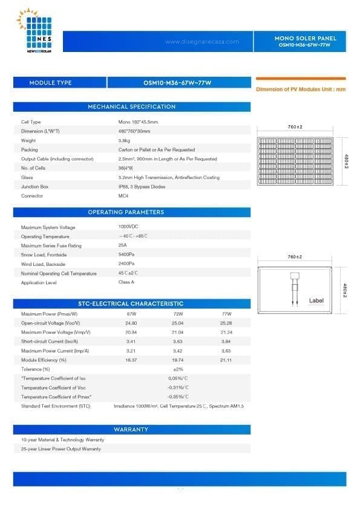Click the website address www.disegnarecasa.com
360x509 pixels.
(x=201, y=42)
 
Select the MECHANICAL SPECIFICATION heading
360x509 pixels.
(x=131, y=107)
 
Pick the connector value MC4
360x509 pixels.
(x=123, y=196)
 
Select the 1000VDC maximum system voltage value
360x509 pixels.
(x=128, y=227)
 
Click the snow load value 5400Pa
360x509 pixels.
(x=126, y=255)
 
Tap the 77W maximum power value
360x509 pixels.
(x=226, y=314)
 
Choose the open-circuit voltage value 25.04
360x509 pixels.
(x=178, y=323)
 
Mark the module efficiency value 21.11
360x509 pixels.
(x=226, y=360)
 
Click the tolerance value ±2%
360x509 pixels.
(x=178, y=369)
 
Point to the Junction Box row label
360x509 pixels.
(x=34, y=187)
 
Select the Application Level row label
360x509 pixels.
(x=39, y=283)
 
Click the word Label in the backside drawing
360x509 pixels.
(x=316, y=300)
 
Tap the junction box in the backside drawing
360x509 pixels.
(x=295, y=277)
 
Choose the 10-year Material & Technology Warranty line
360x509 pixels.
(x=62, y=439)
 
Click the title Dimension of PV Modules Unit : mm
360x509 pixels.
(x=301, y=89)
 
